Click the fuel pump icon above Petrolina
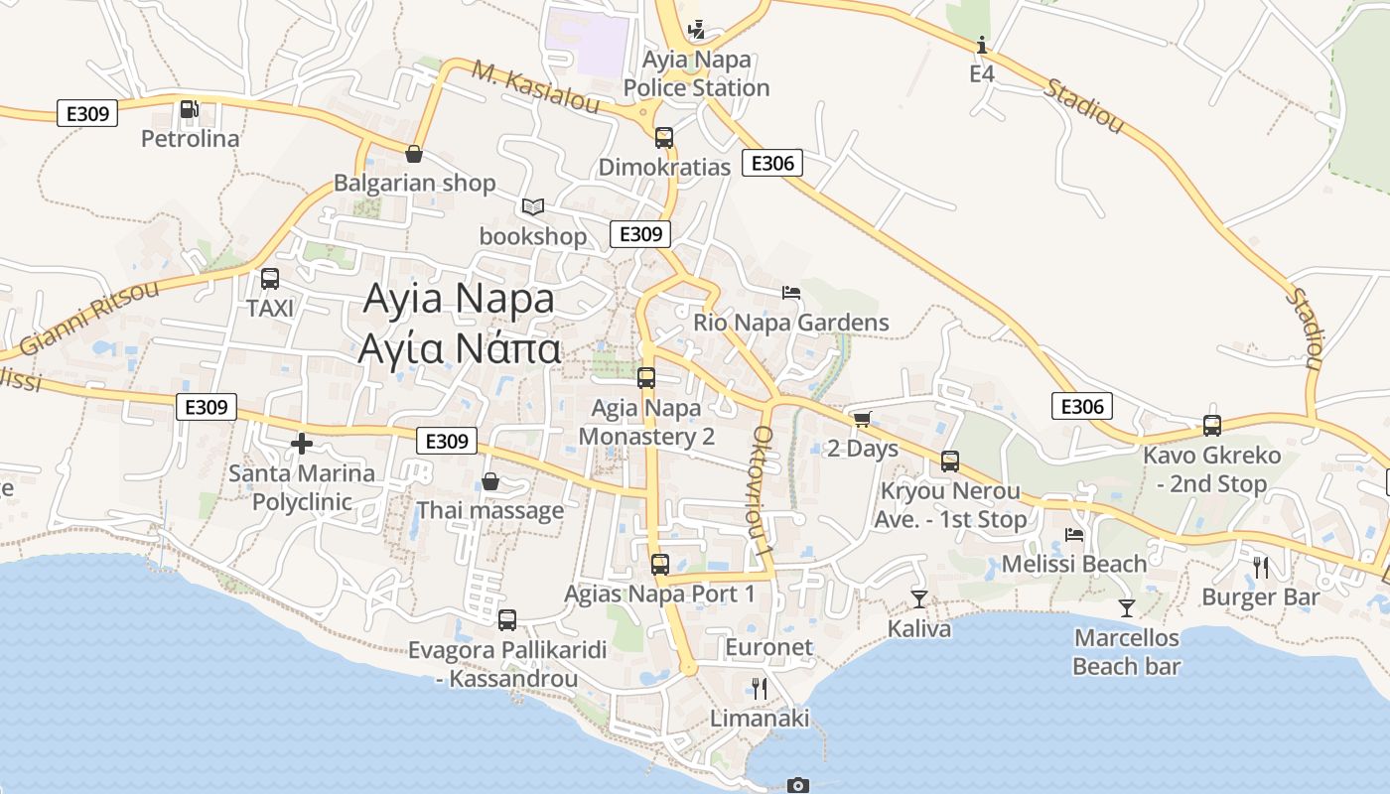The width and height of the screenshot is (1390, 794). point(189,109)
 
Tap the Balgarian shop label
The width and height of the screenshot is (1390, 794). point(414,184)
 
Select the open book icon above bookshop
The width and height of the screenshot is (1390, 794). point(533,206)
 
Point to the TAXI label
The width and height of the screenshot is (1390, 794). point(270,309)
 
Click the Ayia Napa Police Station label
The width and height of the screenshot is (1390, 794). point(696,73)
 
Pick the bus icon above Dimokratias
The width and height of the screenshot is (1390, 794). point(664,138)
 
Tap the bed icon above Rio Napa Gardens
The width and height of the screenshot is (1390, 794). point(791,292)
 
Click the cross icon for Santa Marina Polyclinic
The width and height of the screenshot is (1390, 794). point(302,444)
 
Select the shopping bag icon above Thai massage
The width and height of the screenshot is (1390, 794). point(489,482)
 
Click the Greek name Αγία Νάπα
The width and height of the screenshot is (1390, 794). point(460,349)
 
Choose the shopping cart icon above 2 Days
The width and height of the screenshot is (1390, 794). point(862,420)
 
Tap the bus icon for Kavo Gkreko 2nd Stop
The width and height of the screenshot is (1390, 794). point(1212,426)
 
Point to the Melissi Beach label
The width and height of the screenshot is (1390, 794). point(1074,564)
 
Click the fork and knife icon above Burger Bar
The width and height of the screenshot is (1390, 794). point(1261,568)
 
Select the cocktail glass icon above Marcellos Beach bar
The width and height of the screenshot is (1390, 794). point(1127,607)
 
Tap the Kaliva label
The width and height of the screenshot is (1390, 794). point(919,628)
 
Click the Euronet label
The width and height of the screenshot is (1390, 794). point(769,648)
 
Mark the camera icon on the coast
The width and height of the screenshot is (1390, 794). point(797,785)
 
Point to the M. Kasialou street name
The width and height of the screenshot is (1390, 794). point(536,86)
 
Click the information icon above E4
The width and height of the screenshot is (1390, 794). point(982,45)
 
